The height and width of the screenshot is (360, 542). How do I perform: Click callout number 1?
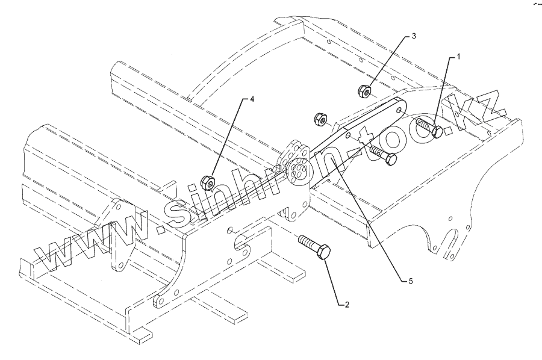pyautogui.click(x=458, y=57)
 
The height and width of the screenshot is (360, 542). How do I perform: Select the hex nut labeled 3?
pyautogui.click(x=364, y=92)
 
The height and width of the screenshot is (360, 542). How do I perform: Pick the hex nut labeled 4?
pyautogui.click(x=205, y=180)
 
